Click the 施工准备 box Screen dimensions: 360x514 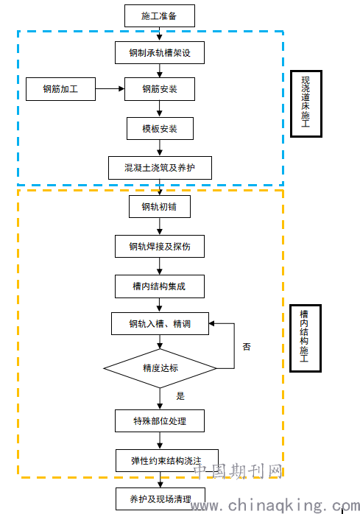click(160, 15)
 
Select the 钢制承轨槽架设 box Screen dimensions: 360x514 click(160, 52)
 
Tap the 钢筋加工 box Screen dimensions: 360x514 click(60, 89)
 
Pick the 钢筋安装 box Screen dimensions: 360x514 click(160, 89)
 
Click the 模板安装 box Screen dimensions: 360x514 click(160, 128)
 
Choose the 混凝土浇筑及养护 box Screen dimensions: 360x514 click(160, 168)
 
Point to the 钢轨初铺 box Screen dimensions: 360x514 click(160, 206)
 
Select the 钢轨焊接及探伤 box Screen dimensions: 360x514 click(160, 246)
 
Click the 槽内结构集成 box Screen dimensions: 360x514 click(160, 286)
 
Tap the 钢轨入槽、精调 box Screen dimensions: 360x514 click(160, 323)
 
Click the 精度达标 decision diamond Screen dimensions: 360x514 click(160, 368)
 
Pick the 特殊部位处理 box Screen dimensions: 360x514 click(160, 420)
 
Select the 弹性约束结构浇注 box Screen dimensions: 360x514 click(167, 460)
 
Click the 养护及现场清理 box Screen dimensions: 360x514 click(160, 499)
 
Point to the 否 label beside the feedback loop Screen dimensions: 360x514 click(247, 347)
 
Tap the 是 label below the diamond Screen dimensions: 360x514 click(180, 396)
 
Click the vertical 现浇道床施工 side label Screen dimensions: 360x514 click(306, 103)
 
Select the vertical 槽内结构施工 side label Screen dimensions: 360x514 click(306, 338)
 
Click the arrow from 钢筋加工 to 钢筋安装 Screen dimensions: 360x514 click(110, 88)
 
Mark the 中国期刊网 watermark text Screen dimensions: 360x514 click(239, 471)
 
